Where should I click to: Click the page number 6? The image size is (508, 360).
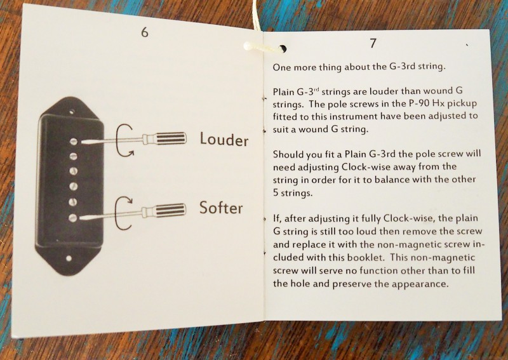(x=145, y=32)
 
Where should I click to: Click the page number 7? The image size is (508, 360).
(x=373, y=43)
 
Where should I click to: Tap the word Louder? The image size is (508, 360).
(x=224, y=139)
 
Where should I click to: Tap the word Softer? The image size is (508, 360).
(x=220, y=208)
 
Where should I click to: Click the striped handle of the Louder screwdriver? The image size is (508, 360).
(x=170, y=138)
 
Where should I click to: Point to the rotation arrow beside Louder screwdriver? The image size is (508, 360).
(x=123, y=140)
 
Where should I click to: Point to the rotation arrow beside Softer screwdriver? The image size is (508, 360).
(x=123, y=212)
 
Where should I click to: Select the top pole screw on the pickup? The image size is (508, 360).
(x=74, y=142)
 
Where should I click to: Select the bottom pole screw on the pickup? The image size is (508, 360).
(x=73, y=218)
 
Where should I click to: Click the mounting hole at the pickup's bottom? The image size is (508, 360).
(x=69, y=258)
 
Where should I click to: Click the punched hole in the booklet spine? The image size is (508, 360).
(x=283, y=49)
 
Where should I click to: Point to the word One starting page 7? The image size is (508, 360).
(x=281, y=67)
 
